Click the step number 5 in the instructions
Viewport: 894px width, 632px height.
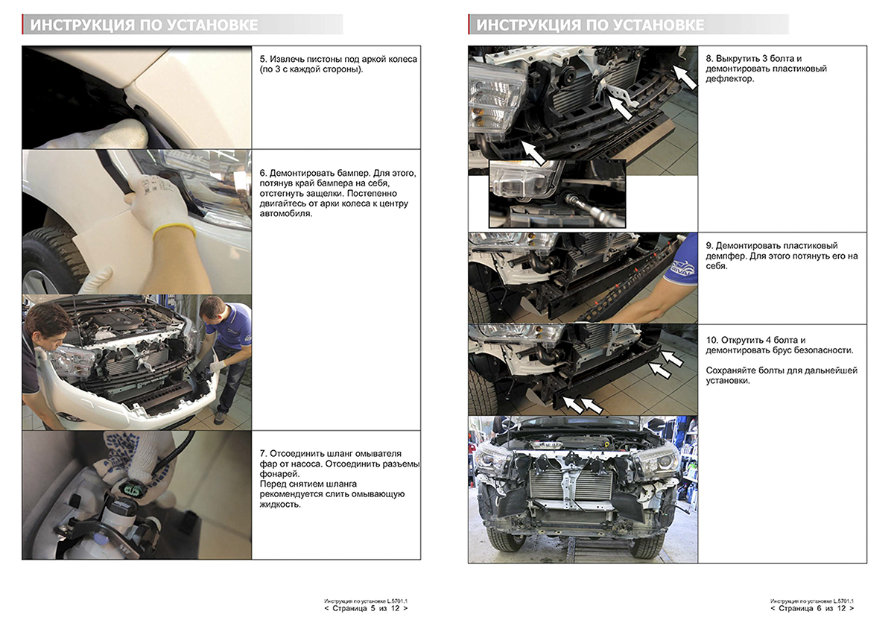(x=262, y=59)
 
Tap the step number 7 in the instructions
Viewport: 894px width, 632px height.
(x=262, y=454)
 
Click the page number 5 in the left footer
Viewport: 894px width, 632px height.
(x=372, y=608)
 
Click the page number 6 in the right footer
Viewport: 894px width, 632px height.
(x=819, y=608)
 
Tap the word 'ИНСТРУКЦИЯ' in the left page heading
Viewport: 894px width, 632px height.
(x=83, y=25)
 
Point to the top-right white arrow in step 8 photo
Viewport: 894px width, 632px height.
(x=685, y=77)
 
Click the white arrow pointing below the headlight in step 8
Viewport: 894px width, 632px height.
(x=533, y=153)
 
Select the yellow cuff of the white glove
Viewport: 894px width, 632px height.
(x=174, y=231)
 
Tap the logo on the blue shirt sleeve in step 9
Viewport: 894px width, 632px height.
(x=683, y=268)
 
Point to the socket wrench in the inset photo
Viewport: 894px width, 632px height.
(x=589, y=205)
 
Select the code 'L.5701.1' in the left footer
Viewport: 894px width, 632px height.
(x=397, y=601)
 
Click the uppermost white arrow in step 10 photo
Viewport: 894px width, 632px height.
(x=672, y=358)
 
